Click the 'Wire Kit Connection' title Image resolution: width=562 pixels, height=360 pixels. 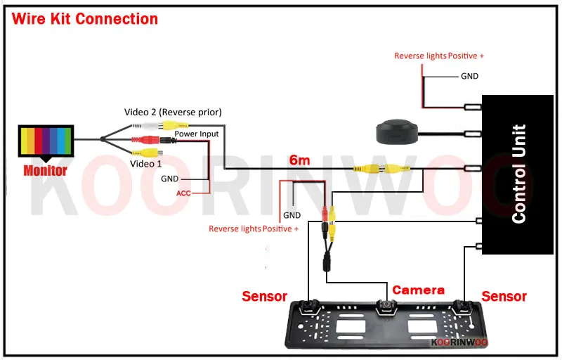pos(84,18)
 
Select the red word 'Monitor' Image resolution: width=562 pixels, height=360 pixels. pos(45,170)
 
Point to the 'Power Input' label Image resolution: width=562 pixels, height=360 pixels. pos(196,134)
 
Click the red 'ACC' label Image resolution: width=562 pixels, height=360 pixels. pos(183,192)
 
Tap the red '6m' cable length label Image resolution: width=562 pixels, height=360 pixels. pos(300,160)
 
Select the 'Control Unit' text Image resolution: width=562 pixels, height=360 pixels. pos(519,174)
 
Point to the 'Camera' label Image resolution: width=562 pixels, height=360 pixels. pos(418,290)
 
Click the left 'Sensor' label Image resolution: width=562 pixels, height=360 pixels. pos(265,296)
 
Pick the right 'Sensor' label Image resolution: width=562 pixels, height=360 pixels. pos(504,296)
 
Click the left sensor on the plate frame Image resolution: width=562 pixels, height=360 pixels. pos(308,307)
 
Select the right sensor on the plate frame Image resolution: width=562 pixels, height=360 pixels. pos(462,307)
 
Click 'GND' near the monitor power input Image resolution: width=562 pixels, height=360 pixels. pos(170,179)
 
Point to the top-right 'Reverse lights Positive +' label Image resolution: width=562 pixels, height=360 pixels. pos(439,56)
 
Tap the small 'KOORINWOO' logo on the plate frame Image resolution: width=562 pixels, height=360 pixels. pos(459,343)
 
